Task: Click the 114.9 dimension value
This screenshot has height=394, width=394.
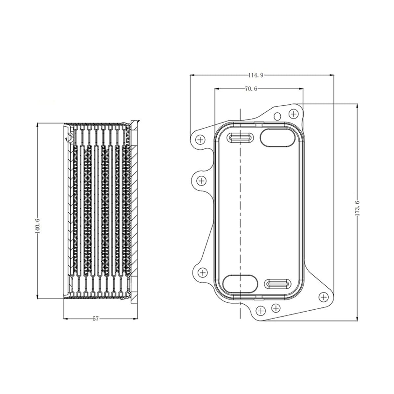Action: tap(255, 75)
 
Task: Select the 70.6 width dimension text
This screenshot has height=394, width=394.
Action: tap(251, 89)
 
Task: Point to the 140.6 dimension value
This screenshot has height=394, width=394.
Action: tap(38, 226)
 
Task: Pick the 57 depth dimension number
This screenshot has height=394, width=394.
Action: tap(96, 318)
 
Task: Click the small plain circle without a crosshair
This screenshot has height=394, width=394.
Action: tap(277, 116)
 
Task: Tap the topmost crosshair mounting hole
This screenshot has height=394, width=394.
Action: tap(294, 114)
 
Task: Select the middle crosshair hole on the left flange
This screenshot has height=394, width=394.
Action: tap(201, 181)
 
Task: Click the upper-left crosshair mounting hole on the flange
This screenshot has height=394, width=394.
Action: tap(200, 140)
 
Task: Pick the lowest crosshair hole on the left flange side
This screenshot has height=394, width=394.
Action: tap(203, 273)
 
